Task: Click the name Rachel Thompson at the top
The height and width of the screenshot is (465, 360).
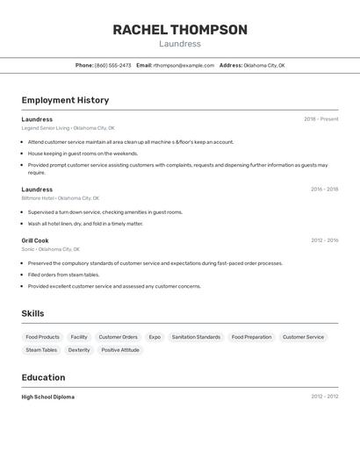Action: (180, 30)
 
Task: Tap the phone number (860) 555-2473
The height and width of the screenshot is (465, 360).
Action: (112, 65)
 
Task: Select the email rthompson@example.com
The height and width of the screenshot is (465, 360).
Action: (184, 65)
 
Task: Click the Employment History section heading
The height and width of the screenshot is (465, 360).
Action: (65, 100)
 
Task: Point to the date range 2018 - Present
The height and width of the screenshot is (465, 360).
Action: (321, 119)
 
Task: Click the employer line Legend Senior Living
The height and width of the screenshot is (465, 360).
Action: (68, 128)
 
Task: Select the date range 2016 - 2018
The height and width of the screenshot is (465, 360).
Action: (324, 189)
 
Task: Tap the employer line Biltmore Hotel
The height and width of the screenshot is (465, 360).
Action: (60, 198)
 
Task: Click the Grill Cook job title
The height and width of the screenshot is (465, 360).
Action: (35, 240)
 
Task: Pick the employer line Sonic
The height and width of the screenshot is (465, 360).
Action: (50, 249)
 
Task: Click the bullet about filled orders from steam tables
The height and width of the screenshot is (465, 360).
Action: (63, 275)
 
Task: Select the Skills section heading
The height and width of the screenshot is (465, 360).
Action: (32, 313)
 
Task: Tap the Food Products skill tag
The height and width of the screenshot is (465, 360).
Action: (43, 337)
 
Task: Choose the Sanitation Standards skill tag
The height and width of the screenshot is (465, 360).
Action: (196, 337)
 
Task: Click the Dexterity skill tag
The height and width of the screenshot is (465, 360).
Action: (79, 350)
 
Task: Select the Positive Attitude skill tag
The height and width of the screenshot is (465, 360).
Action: (120, 350)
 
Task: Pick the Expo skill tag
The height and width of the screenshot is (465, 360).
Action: (155, 337)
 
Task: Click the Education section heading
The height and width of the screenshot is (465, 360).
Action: (43, 377)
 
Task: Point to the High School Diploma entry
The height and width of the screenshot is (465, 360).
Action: (48, 397)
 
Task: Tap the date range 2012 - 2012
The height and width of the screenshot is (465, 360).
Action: (324, 397)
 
